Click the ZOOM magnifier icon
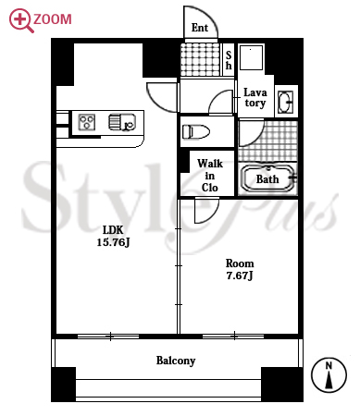pos(21,20)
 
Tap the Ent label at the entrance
pos(200,28)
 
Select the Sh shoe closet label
pos(229,60)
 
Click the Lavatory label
pos(255,97)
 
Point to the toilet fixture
pos(196,131)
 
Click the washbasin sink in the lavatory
pos(285,102)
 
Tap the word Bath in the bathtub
pos(267,179)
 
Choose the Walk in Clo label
pos(210,176)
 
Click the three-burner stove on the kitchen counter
pos(87,122)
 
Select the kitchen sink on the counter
pos(122,122)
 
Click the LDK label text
pos(113,230)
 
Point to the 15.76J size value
pos(113,242)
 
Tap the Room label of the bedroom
pos(240,263)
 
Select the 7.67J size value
pos(240,275)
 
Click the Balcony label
pos(176,361)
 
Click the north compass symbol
pos(329,375)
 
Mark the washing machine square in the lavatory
pos(252,57)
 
